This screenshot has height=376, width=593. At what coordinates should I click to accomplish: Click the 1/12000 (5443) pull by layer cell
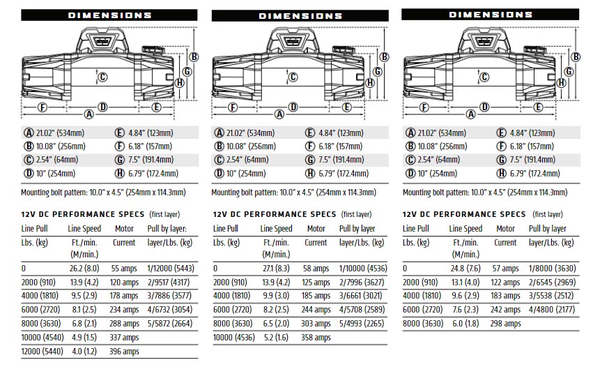(x=171, y=269)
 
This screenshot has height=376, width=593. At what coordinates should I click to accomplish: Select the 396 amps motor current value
(x=124, y=352)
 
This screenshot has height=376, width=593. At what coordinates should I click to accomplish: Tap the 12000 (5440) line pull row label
(x=42, y=352)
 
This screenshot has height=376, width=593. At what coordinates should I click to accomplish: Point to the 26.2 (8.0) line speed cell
(x=84, y=269)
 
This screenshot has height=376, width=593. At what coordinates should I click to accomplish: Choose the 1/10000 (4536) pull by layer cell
(x=363, y=269)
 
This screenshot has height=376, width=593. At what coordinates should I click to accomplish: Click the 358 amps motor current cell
(x=316, y=338)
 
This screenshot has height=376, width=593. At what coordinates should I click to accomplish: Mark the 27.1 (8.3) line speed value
(x=276, y=269)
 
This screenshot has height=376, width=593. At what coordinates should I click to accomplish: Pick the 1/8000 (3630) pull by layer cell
(x=552, y=269)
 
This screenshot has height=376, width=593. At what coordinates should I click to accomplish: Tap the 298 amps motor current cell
(x=506, y=324)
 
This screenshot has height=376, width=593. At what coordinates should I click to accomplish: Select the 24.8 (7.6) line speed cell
(x=465, y=269)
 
